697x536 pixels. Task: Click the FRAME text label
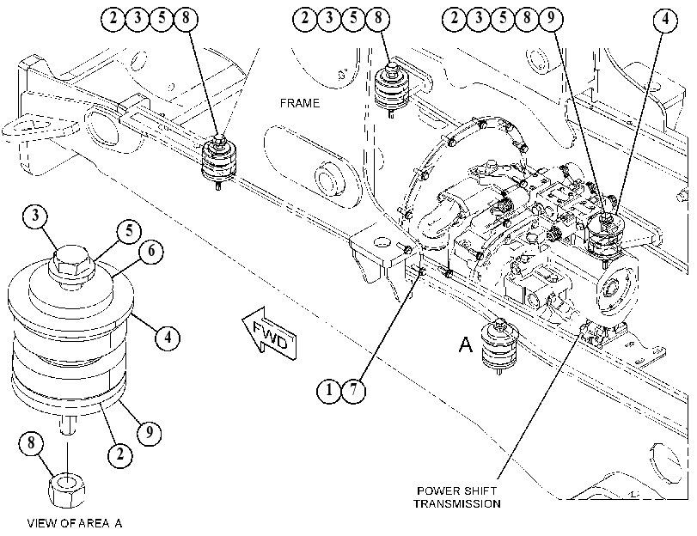pyautogui.click(x=300, y=103)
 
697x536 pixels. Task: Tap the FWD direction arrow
pyautogui.click(x=269, y=333)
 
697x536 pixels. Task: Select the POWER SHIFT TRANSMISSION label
pyautogui.click(x=457, y=497)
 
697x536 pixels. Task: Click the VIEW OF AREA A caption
pyautogui.click(x=74, y=523)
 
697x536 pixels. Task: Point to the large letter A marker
pyautogui.click(x=466, y=344)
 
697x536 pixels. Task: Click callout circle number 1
pyautogui.click(x=328, y=390)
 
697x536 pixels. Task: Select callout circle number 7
pyautogui.click(x=353, y=390)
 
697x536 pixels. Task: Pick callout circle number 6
pyautogui.click(x=151, y=251)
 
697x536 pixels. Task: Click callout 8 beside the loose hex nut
pyautogui.click(x=31, y=442)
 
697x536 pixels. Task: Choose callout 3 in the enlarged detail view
pyautogui.click(x=35, y=216)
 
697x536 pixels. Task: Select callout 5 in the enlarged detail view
pyautogui.click(x=130, y=231)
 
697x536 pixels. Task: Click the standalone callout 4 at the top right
pyautogui.click(x=665, y=19)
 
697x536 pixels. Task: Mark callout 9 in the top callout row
pyautogui.click(x=551, y=18)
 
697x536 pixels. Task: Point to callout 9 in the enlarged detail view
pyautogui.click(x=150, y=431)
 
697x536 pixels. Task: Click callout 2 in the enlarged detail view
pyautogui.click(x=120, y=454)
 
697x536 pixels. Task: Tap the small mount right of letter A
pyautogui.click(x=500, y=346)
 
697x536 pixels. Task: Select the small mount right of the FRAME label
pyautogui.click(x=392, y=90)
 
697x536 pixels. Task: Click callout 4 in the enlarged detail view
pyautogui.click(x=168, y=338)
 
